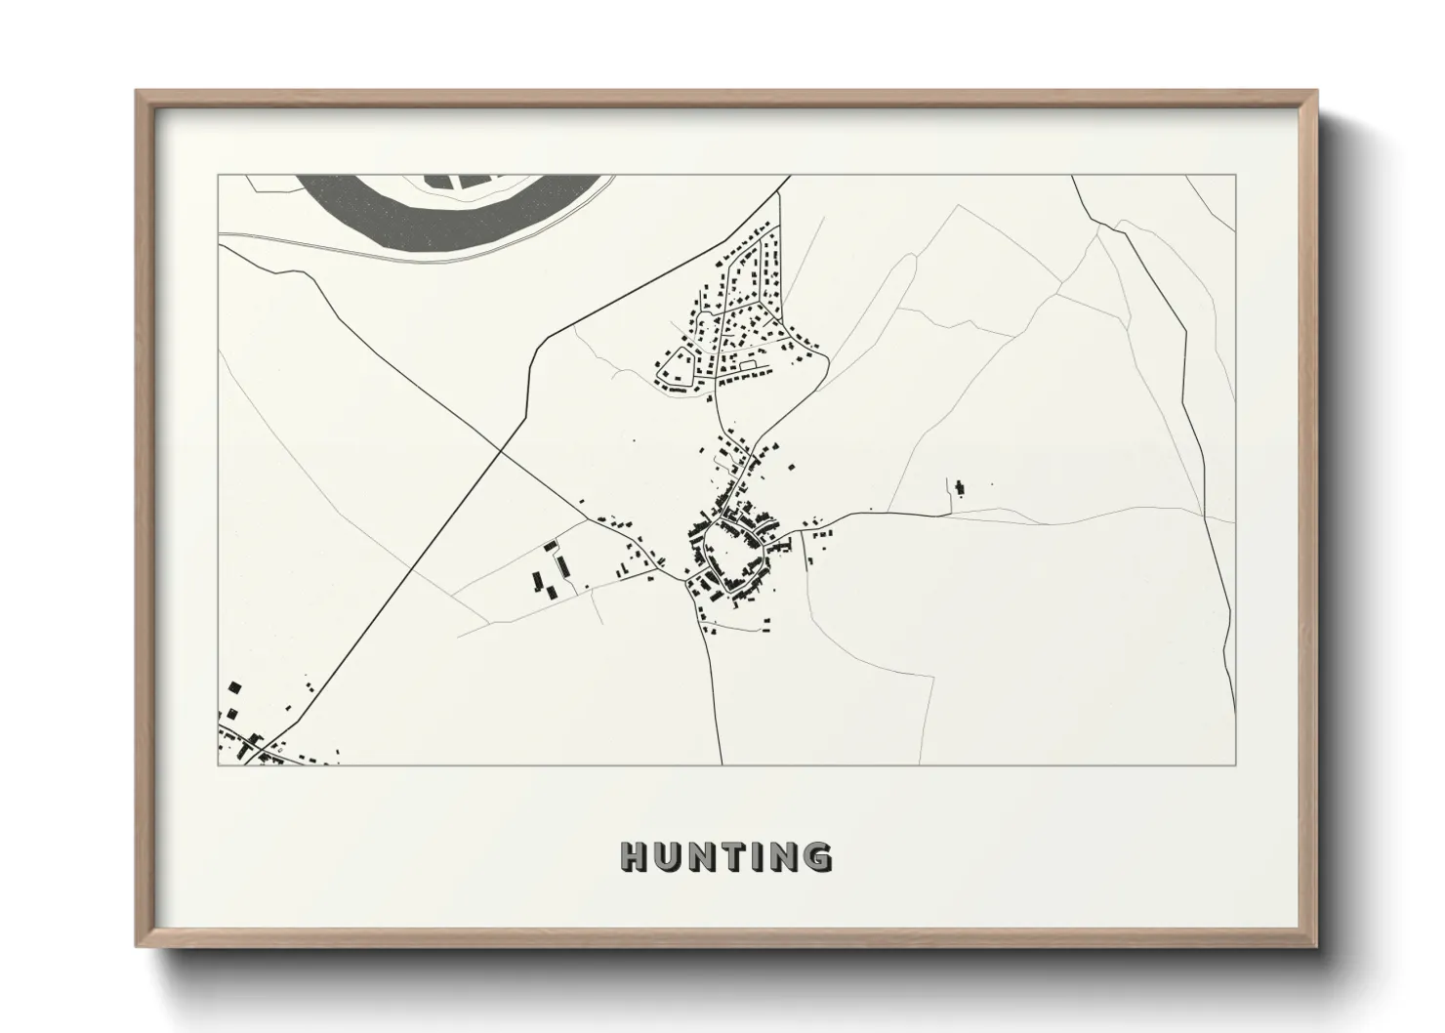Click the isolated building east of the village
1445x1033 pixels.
tap(959, 486)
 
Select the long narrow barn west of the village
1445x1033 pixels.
tap(561, 566)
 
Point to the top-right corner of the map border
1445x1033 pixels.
tap(1235, 176)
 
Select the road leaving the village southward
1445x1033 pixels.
tap(713, 683)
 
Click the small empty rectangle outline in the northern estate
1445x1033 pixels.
tap(749, 364)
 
